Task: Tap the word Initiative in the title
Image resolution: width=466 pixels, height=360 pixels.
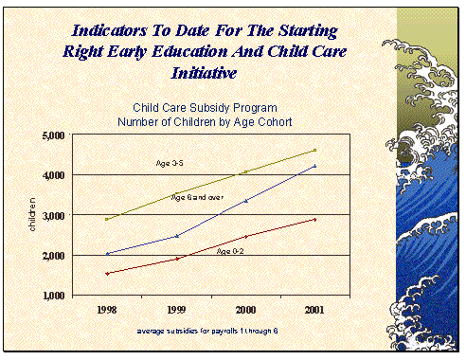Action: (x=206, y=71)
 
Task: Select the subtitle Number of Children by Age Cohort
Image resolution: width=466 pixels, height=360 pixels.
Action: (x=207, y=121)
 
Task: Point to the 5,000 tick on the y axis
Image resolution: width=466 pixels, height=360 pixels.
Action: (x=54, y=135)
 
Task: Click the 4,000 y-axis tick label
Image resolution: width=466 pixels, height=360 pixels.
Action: (x=54, y=175)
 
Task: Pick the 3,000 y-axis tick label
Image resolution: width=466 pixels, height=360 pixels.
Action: (x=54, y=216)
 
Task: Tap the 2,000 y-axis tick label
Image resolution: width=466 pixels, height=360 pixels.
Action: (x=54, y=256)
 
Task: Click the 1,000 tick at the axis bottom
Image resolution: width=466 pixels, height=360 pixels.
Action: (x=54, y=296)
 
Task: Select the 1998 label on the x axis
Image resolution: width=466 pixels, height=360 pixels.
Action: (x=107, y=310)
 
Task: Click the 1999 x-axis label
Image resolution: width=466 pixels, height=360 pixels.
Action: (x=176, y=310)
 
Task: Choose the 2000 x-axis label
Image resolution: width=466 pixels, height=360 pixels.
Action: (x=245, y=310)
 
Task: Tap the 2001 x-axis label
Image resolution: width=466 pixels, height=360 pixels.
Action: (x=314, y=310)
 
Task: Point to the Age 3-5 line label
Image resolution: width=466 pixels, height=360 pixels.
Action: (x=170, y=164)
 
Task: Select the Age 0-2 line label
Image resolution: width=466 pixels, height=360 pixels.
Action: (x=231, y=251)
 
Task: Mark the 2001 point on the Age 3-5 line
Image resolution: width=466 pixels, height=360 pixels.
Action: (x=314, y=151)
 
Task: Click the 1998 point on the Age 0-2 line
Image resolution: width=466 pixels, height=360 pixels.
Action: (x=107, y=274)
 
